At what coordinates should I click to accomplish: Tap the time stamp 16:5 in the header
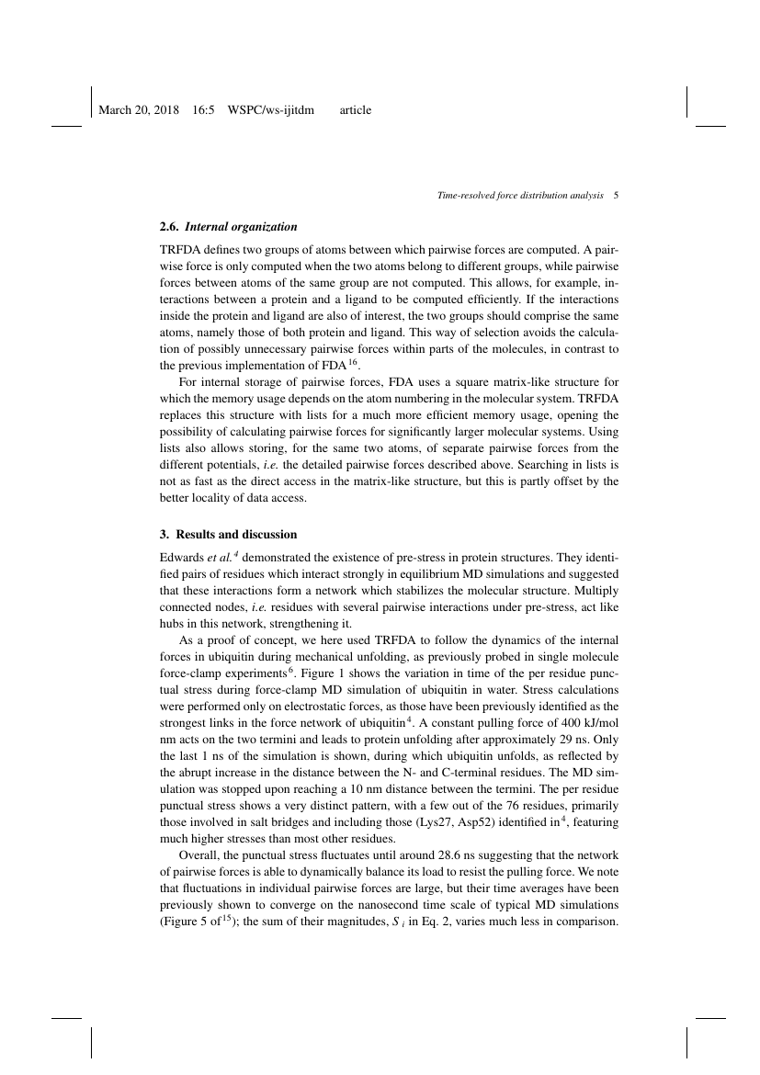click(x=203, y=110)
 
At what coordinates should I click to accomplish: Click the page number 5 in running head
click(x=617, y=196)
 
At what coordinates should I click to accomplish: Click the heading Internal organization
click(x=241, y=226)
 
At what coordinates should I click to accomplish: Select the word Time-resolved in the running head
click(x=469, y=196)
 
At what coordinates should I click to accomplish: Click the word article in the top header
click(x=356, y=110)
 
